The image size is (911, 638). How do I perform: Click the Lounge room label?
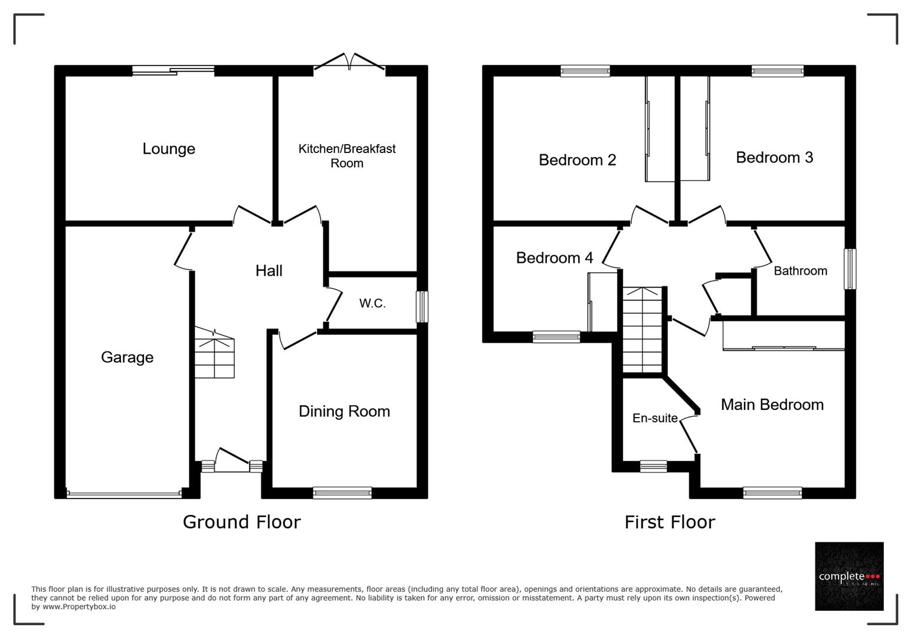coord(169,149)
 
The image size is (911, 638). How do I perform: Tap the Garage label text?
coord(127,357)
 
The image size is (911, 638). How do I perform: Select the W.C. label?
coord(372,304)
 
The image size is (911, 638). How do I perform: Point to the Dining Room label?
coord(344,412)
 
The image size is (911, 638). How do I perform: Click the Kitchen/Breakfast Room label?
coord(347,156)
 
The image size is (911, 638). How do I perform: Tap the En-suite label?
coord(655,418)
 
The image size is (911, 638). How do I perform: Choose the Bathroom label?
coord(800,271)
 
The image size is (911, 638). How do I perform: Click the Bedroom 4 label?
coord(554,258)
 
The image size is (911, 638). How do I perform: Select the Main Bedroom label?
coord(772,405)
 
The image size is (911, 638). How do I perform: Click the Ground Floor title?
coord(241,522)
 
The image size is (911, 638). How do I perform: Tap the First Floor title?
coord(670,522)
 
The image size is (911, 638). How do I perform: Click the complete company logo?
coord(849,576)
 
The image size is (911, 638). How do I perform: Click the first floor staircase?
coord(643,331)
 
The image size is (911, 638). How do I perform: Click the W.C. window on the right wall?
coord(422,307)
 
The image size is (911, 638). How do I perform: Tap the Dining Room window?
coord(342,493)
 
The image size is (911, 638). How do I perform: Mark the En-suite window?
coord(653,466)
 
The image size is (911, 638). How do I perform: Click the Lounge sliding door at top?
coord(173,71)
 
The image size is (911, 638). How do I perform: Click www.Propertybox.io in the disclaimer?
coord(79,607)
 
